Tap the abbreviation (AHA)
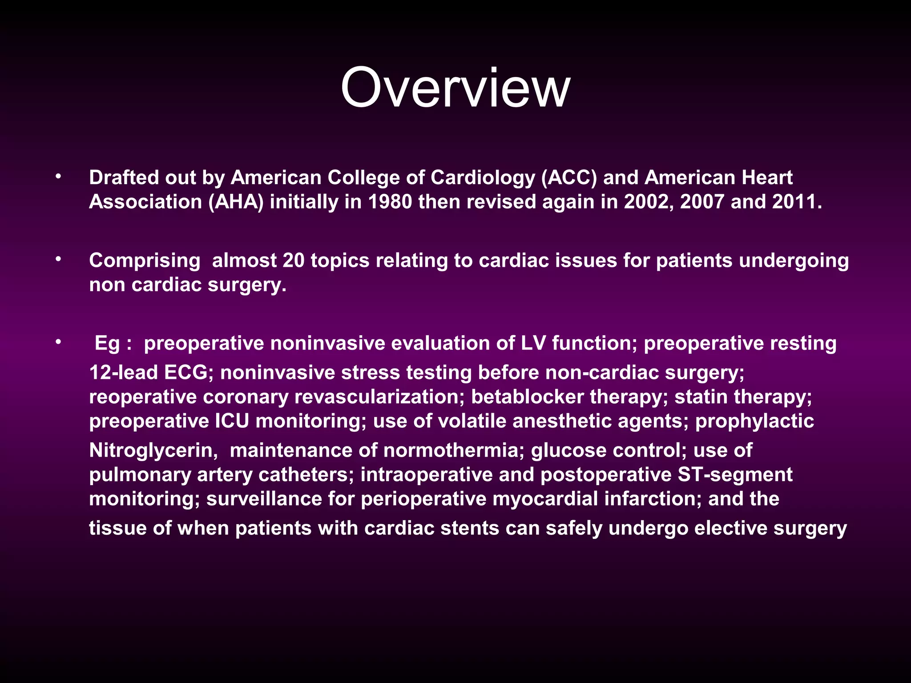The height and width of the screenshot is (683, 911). click(x=236, y=202)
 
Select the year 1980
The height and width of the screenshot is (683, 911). click(x=390, y=202)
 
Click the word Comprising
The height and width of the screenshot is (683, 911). click(x=145, y=261)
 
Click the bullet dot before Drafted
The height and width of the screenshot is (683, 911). click(x=58, y=177)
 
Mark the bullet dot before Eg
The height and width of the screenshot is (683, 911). click(x=58, y=342)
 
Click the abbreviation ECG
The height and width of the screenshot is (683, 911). click(x=185, y=373)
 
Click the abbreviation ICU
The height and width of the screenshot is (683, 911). click(x=232, y=421)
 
